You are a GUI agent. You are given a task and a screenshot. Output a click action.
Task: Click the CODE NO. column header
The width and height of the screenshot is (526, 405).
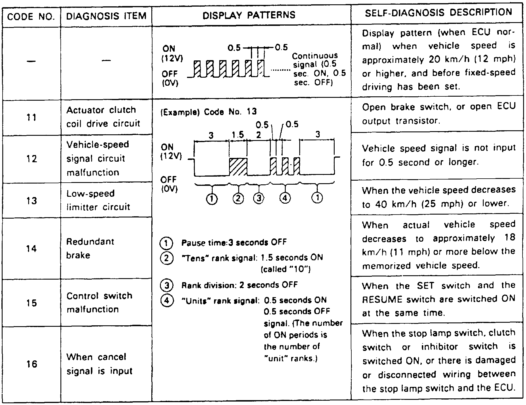tap(31, 16)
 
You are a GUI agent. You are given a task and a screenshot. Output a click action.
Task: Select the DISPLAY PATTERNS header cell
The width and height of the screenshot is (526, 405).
tap(249, 15)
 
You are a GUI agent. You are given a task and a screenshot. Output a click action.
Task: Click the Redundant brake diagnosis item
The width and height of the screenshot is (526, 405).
tap(90, 248)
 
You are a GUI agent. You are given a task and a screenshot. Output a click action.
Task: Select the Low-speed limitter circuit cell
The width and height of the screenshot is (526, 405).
tap(98, 200)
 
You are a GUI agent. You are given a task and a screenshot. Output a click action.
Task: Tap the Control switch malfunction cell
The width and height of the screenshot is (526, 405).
tap(99, 303)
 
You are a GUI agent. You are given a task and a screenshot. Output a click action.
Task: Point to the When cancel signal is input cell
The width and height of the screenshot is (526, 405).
tap(99, 364)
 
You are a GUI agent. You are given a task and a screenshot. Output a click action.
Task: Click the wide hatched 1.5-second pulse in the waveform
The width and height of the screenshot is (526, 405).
tap(238, 167)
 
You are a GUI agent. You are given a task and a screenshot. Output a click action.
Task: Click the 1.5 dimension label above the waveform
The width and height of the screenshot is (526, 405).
tap(238, 135)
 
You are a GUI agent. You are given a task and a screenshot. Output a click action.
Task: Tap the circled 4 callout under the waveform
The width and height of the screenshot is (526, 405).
tap(285, 199)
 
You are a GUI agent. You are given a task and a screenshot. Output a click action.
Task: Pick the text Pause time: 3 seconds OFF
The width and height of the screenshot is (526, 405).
tap(234, 242)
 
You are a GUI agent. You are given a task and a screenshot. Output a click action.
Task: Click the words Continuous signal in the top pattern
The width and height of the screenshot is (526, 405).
tap(315, 60)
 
